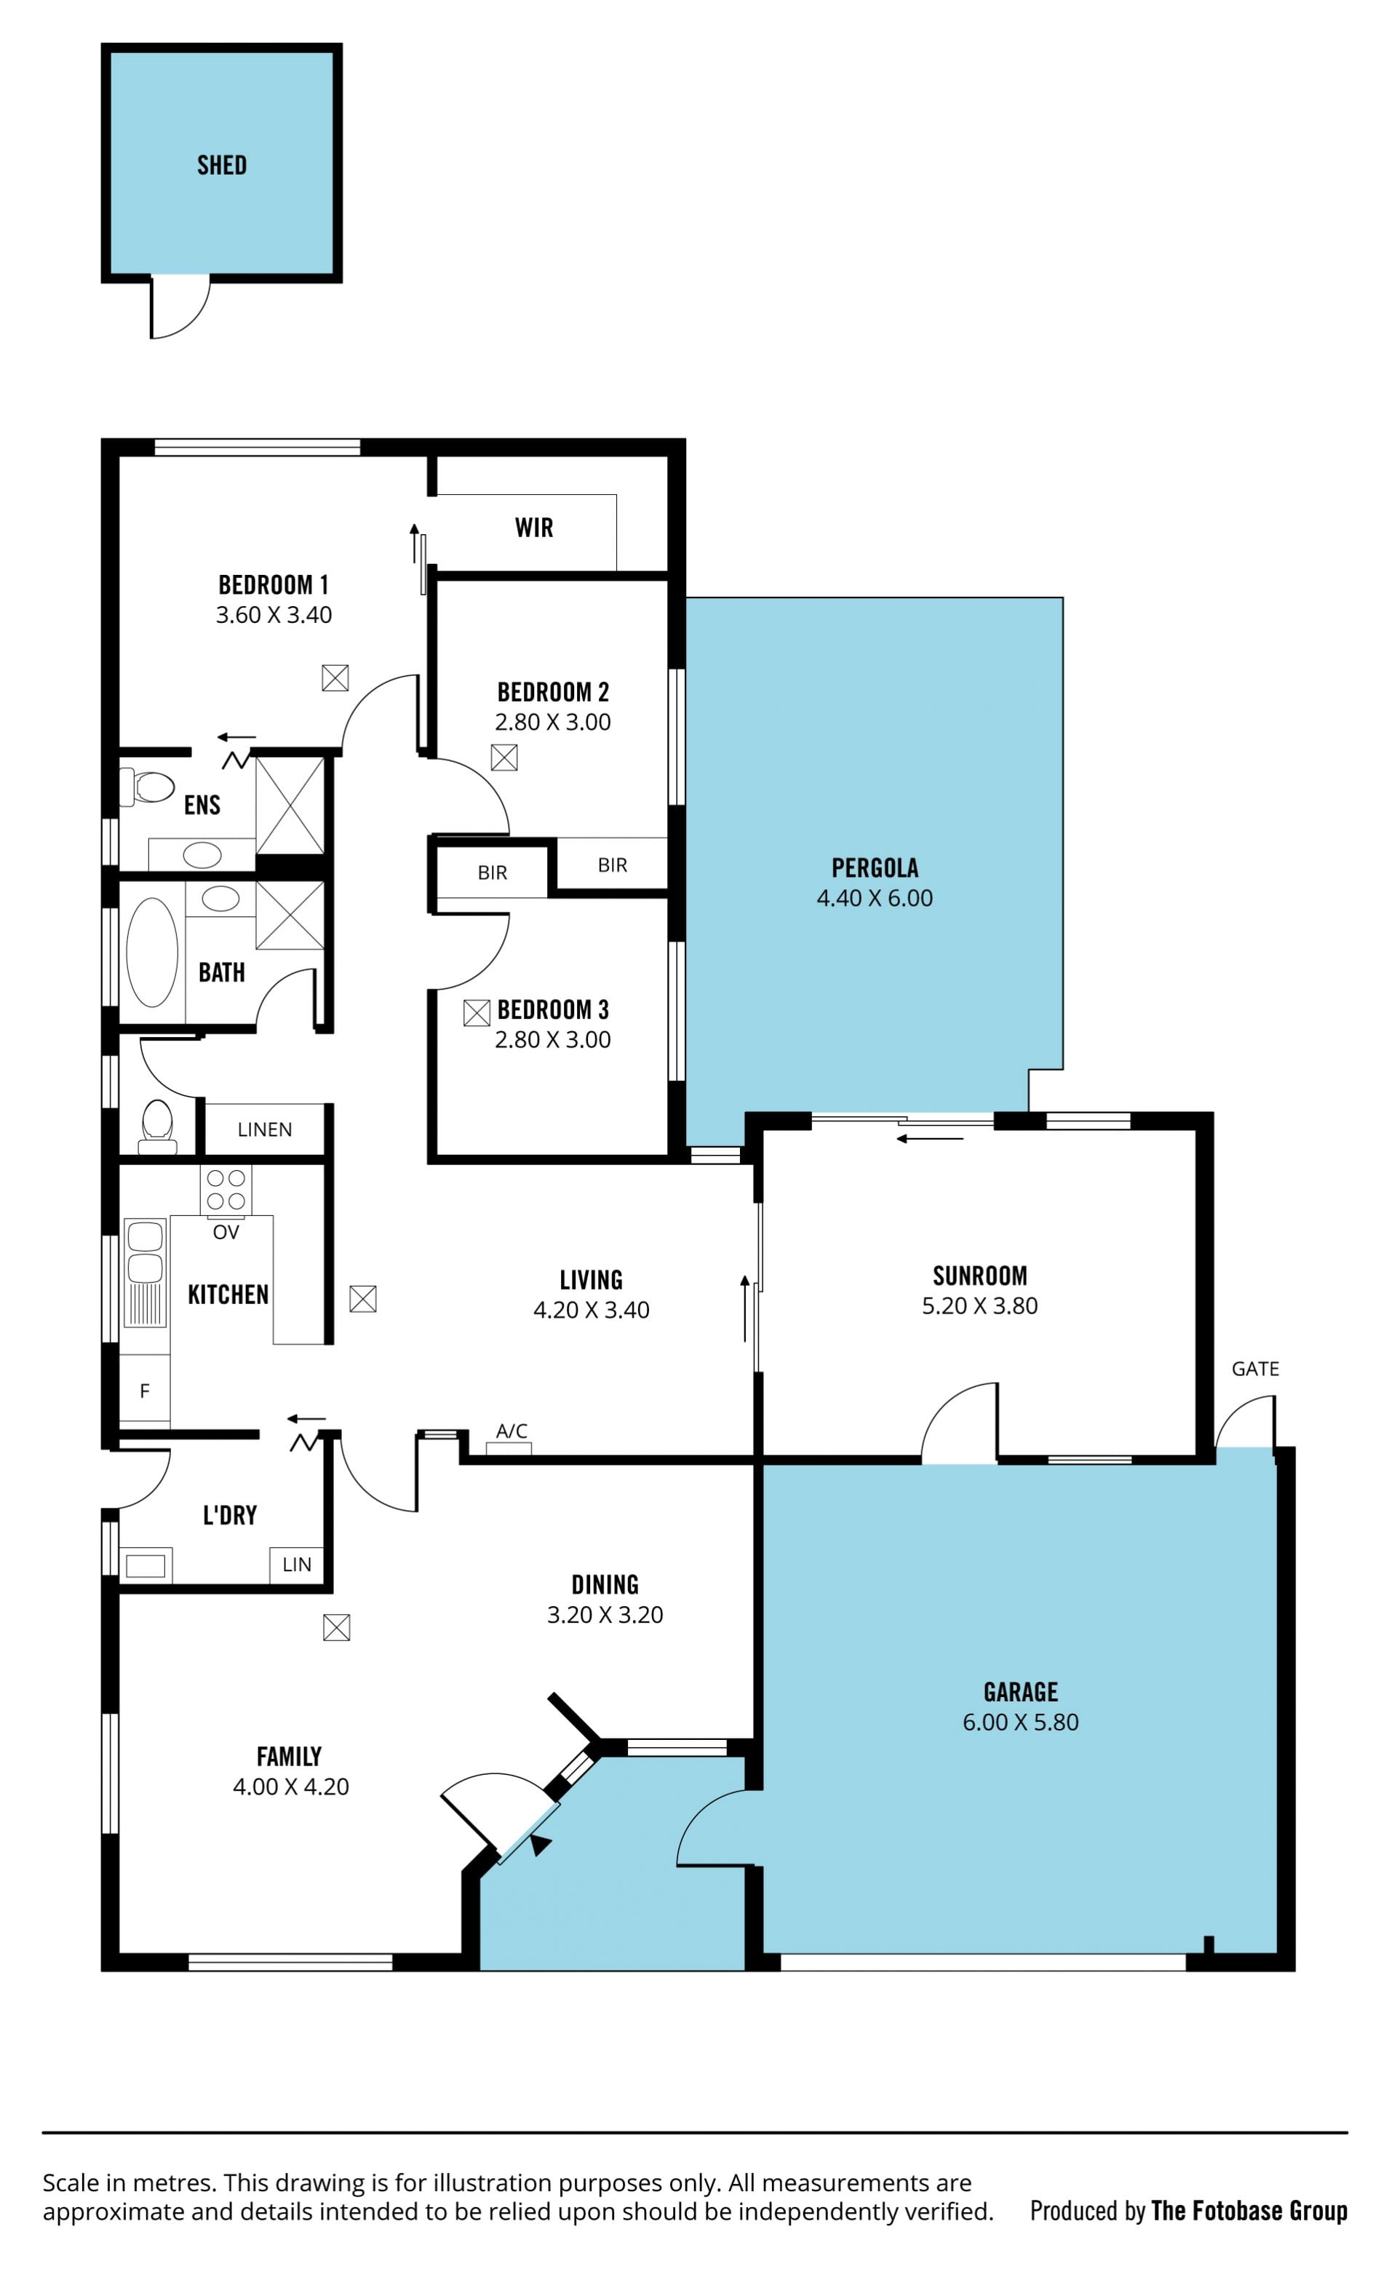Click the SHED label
(222, 165)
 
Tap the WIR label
(534, 528)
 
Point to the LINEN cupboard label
(265, 1129)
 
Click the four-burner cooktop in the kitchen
(226, 1190)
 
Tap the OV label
(226, 1231)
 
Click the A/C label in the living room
(512, 1431)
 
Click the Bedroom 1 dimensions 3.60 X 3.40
(274, 614)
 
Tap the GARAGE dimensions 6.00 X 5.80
(1021, 1722)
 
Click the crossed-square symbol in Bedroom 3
(477, 1014)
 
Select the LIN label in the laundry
(297, 1564)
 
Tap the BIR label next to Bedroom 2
(613, 865)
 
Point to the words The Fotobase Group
(1249, 2210)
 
